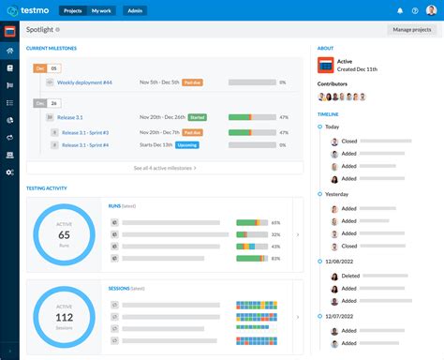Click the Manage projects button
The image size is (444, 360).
click(x=411, y=30)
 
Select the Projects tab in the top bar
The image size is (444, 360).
click(x=72, y=10)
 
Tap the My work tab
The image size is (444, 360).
click(x=100, y=10)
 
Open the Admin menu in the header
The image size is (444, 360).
click(x=135, y=10)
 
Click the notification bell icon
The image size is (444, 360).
click(x=400, y=10)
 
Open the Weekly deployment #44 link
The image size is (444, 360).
click(x=85, y=82)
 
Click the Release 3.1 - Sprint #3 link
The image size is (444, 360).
click(x=85, y=132)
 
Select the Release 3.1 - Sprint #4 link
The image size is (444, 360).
click(x=85, y=145)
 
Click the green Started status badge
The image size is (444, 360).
click(x=197, y=117)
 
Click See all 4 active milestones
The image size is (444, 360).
click(x=165, y=168)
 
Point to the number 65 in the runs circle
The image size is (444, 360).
click(x=64, y=233)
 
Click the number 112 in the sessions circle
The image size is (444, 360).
click(x=64, y=318)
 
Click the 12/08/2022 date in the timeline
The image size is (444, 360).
click(x=340, y=262)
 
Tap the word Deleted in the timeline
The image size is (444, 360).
click(x=350, y=277)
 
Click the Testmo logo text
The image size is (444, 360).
click(x=37, y=10)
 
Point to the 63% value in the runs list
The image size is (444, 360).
click(x=275, y=257)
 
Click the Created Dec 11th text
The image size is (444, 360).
click(x=358, y=69)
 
